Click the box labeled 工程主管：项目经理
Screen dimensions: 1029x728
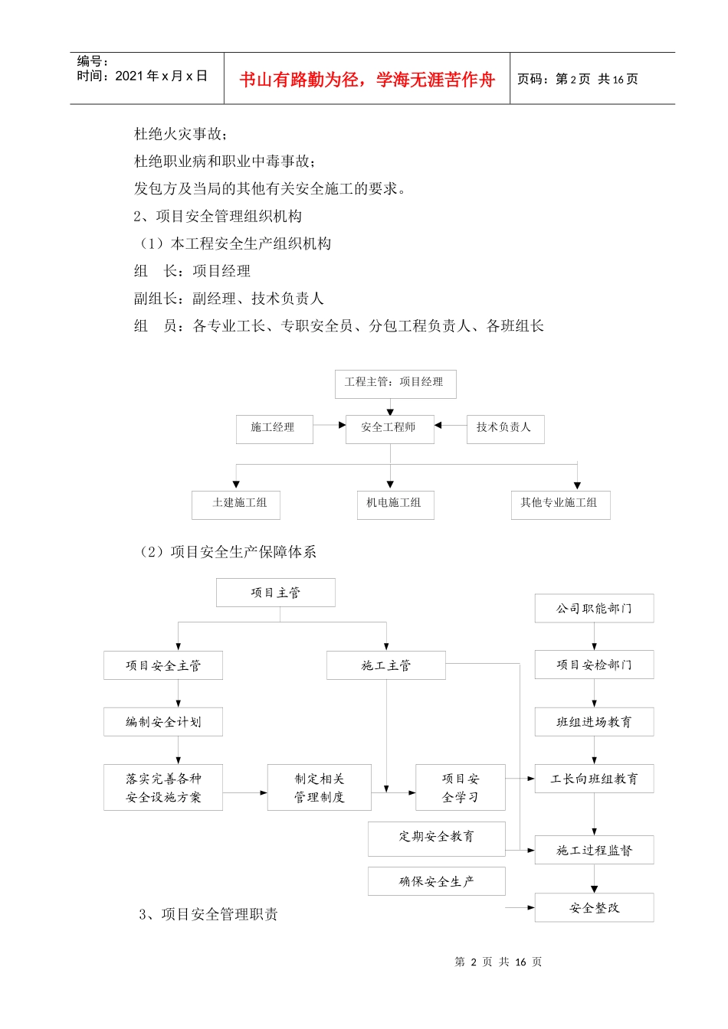(x=395, y=383)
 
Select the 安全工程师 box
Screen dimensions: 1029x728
(x=389, y=428)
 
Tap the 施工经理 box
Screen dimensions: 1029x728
(x=274, y=428)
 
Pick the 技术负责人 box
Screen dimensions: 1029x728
(x=504, y=428)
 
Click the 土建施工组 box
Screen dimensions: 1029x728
(x=235, y=504)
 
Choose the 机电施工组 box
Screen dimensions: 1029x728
(x=395, y=504)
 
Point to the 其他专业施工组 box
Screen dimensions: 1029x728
(x=559, y=504)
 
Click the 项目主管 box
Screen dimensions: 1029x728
(x=275, y=593)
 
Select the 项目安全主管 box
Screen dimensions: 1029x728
(x=162, y=665)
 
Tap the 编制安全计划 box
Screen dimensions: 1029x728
(x=162, y=722)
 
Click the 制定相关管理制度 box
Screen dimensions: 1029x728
(x=319, y=787)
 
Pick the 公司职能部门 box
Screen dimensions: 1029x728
(x=594, y=609)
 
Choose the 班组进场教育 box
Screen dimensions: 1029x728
(x=594, y=722)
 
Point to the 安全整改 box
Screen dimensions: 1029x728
(x=594, y=908)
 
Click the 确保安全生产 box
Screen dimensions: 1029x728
(x=436, y=881)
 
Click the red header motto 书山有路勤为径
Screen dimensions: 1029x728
(x=367, y=80)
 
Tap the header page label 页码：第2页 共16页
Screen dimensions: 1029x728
(x=578, y=79)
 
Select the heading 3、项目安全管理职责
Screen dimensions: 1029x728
(x=208, y=914)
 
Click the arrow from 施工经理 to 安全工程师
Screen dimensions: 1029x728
(x=330, y=425)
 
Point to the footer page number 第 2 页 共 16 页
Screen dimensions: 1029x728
(x=498, y=962)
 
